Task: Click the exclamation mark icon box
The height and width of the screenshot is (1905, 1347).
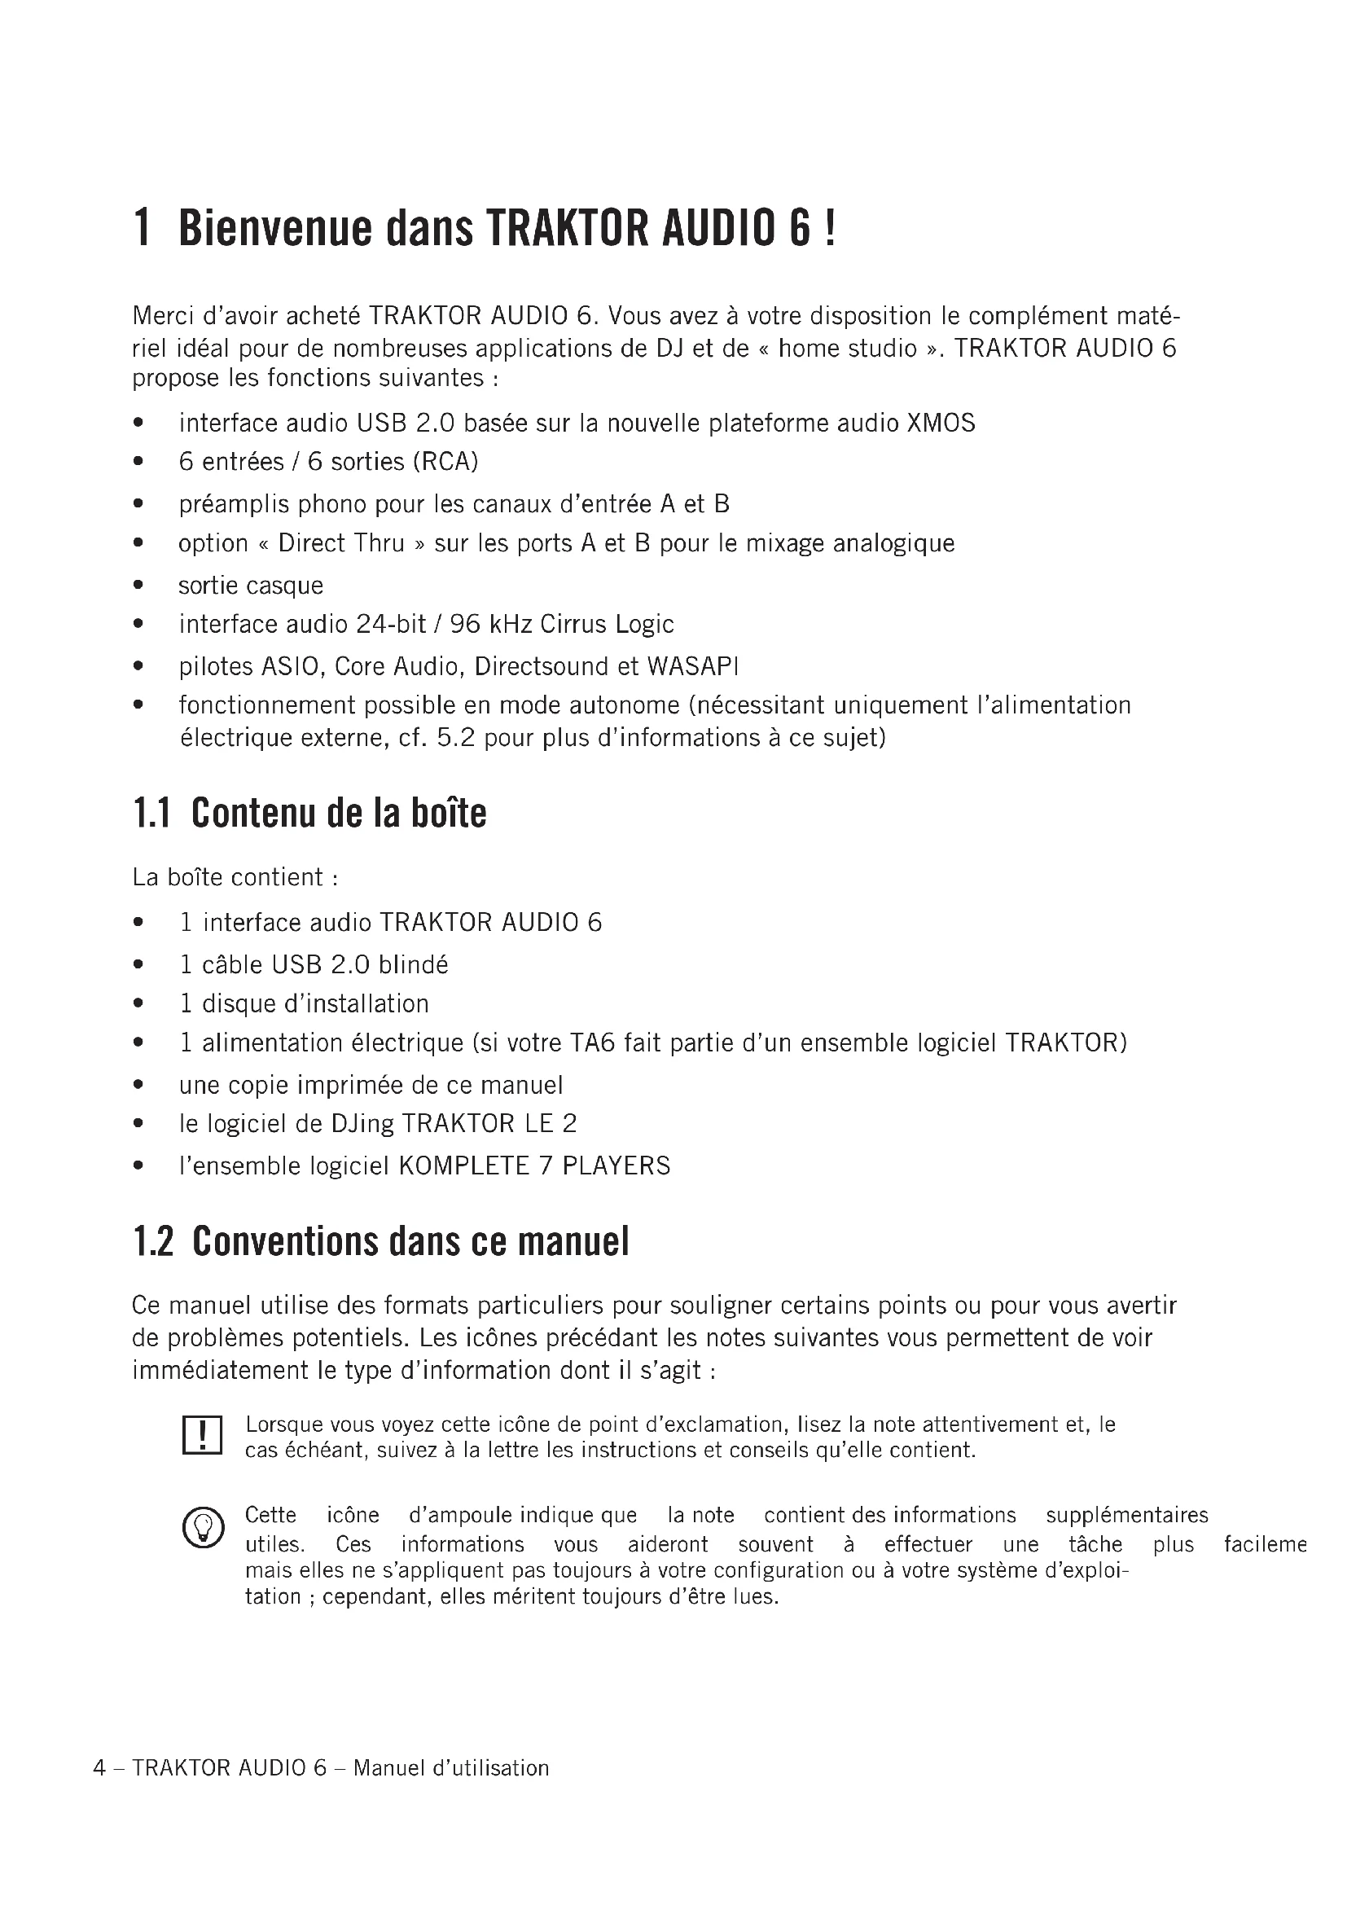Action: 201,1435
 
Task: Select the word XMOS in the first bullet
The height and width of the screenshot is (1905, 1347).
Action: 941,424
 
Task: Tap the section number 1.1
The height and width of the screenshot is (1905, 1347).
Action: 151,813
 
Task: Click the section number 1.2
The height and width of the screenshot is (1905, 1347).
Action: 153,1242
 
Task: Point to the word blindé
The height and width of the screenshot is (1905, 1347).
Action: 413,964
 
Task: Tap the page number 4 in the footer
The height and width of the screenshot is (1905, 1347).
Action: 99,1768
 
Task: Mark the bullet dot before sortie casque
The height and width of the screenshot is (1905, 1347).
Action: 138,586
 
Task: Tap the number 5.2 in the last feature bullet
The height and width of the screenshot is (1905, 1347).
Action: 455,738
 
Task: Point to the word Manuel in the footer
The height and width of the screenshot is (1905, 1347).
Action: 389,1768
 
